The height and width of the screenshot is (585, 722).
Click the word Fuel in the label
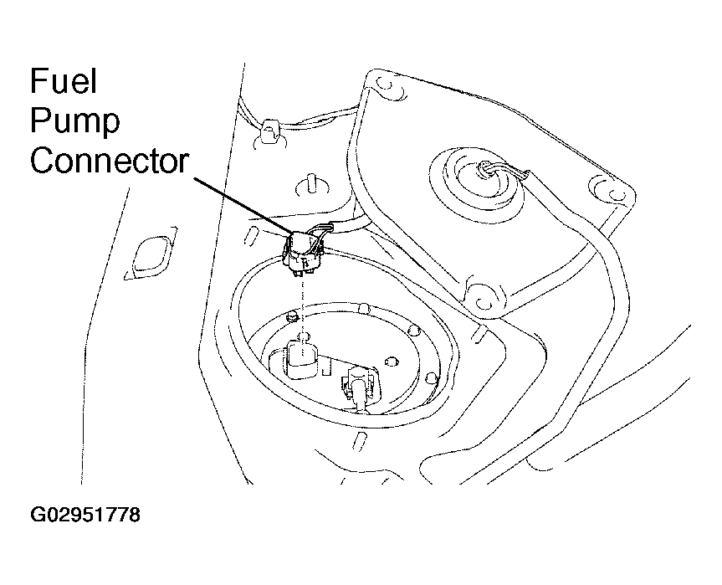pyautogui.click(x=64, y=81)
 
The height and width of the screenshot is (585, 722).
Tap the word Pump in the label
pyautogui.click(x=75, y=121)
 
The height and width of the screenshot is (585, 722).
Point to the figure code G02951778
pyautogui.click(x=85, y=515)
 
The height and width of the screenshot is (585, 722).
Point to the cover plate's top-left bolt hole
pyautogui.click(x=387, y=85)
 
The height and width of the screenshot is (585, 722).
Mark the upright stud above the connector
pyautogui.click(x=312, y=185)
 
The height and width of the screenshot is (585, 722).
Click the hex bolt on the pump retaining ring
pyautogui.click(x=292, y=316)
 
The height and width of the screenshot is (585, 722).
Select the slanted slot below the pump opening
pyautogui.click(x=358, y=441)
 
